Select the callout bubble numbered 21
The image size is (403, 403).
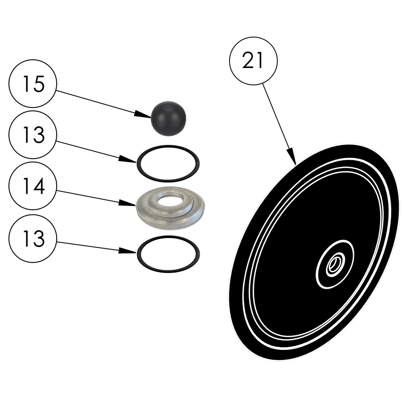253,61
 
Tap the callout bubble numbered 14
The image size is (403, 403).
33,187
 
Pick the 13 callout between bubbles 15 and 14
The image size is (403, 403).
33,135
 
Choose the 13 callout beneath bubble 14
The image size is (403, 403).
33,238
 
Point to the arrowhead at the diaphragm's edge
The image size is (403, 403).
292,160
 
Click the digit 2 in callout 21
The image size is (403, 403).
248,61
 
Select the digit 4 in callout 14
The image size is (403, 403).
39,187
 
